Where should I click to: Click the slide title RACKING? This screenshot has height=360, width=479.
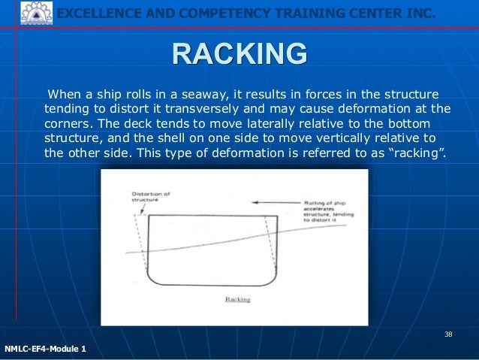click(239, 54)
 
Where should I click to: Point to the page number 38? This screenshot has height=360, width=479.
click(448, 334)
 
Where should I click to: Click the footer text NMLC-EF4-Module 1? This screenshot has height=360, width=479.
click(45, 349)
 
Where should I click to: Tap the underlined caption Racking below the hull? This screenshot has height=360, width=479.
click(237, 298)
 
